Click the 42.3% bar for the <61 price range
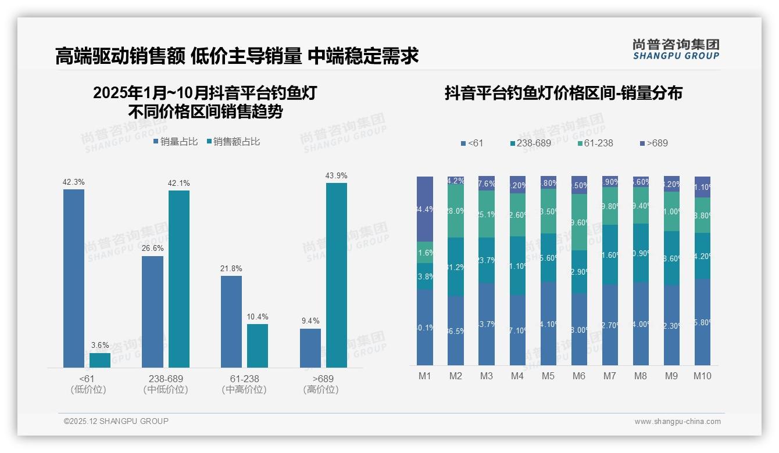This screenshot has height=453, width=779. (x=74, y=278)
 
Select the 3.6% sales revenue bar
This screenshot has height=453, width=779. (x=100, y=360)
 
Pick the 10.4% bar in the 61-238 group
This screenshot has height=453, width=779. (x=258, y=346)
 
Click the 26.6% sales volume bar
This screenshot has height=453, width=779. (x=152, y=311)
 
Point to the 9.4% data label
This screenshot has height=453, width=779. (x=310, y=321)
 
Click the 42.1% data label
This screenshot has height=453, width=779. (x=179, y=183)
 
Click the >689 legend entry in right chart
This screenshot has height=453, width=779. (x=653, y=143)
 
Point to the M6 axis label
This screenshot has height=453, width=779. (x=578, y=376)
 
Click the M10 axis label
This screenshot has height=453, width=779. (x=702, y=376)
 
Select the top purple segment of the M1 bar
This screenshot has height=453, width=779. (x=425, y=208)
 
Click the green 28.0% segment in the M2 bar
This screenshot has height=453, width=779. (x=456, y=211)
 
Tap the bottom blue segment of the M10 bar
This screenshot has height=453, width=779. (x=702, y=322)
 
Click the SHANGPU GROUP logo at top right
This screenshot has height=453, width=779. (x=676, y=49)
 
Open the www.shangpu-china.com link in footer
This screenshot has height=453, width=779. (x=677, y=422)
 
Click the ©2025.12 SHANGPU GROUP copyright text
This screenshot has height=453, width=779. (x=116, y=421)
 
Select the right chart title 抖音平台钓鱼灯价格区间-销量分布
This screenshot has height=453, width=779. (x=563, y=93)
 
